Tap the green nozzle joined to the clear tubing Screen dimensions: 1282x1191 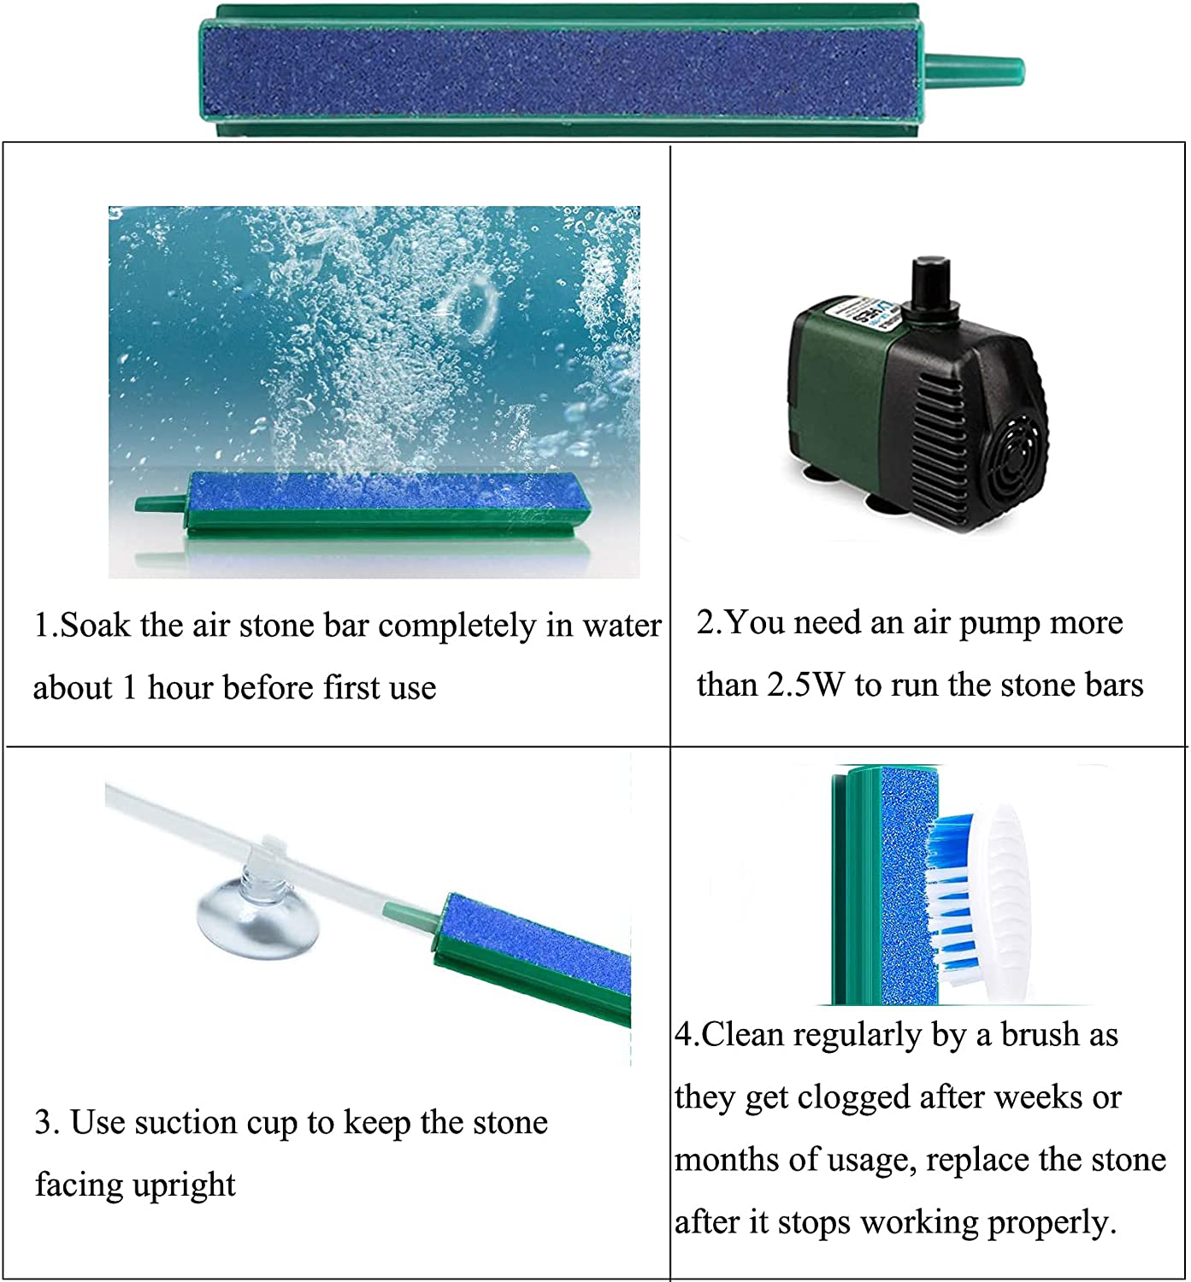click(410, 913)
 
